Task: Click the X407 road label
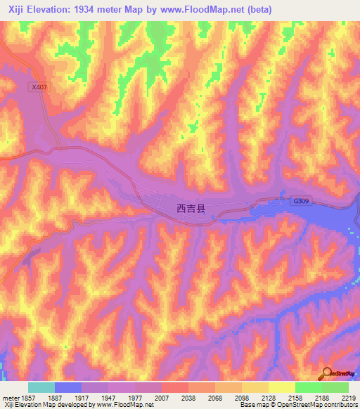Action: click(39, 87)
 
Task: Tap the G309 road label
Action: click(301, 202)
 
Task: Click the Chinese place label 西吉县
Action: click(191, 209)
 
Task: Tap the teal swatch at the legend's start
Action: click(41, 387)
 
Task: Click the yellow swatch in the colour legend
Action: click(282, 387)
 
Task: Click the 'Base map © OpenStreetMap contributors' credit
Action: click(297, 405)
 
